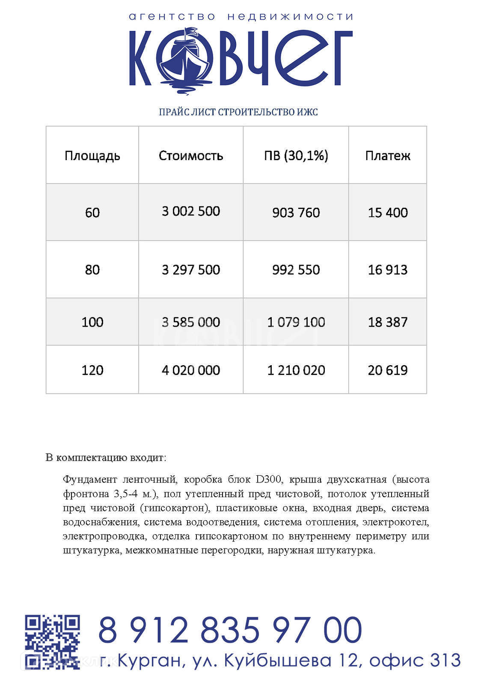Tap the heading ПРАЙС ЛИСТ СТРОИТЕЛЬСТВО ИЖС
pos(238,112)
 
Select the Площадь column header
pos(92,155)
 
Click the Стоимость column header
pos(191,155)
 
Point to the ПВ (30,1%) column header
pos(296,155)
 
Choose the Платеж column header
pos(388,155)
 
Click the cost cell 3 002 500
pos(191,211)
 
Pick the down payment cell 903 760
pos(296,212)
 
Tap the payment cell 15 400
pos(388,212)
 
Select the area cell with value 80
pos(92,270)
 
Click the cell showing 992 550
pos(296,270)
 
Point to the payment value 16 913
pos(388,270)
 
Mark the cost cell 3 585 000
pos(191,322)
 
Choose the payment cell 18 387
pos(388,322)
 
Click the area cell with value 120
pos(92,370)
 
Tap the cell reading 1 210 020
pos(296,370)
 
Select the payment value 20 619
pos(388,370)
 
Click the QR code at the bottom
pos(52,641)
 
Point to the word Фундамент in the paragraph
pos(89,479)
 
